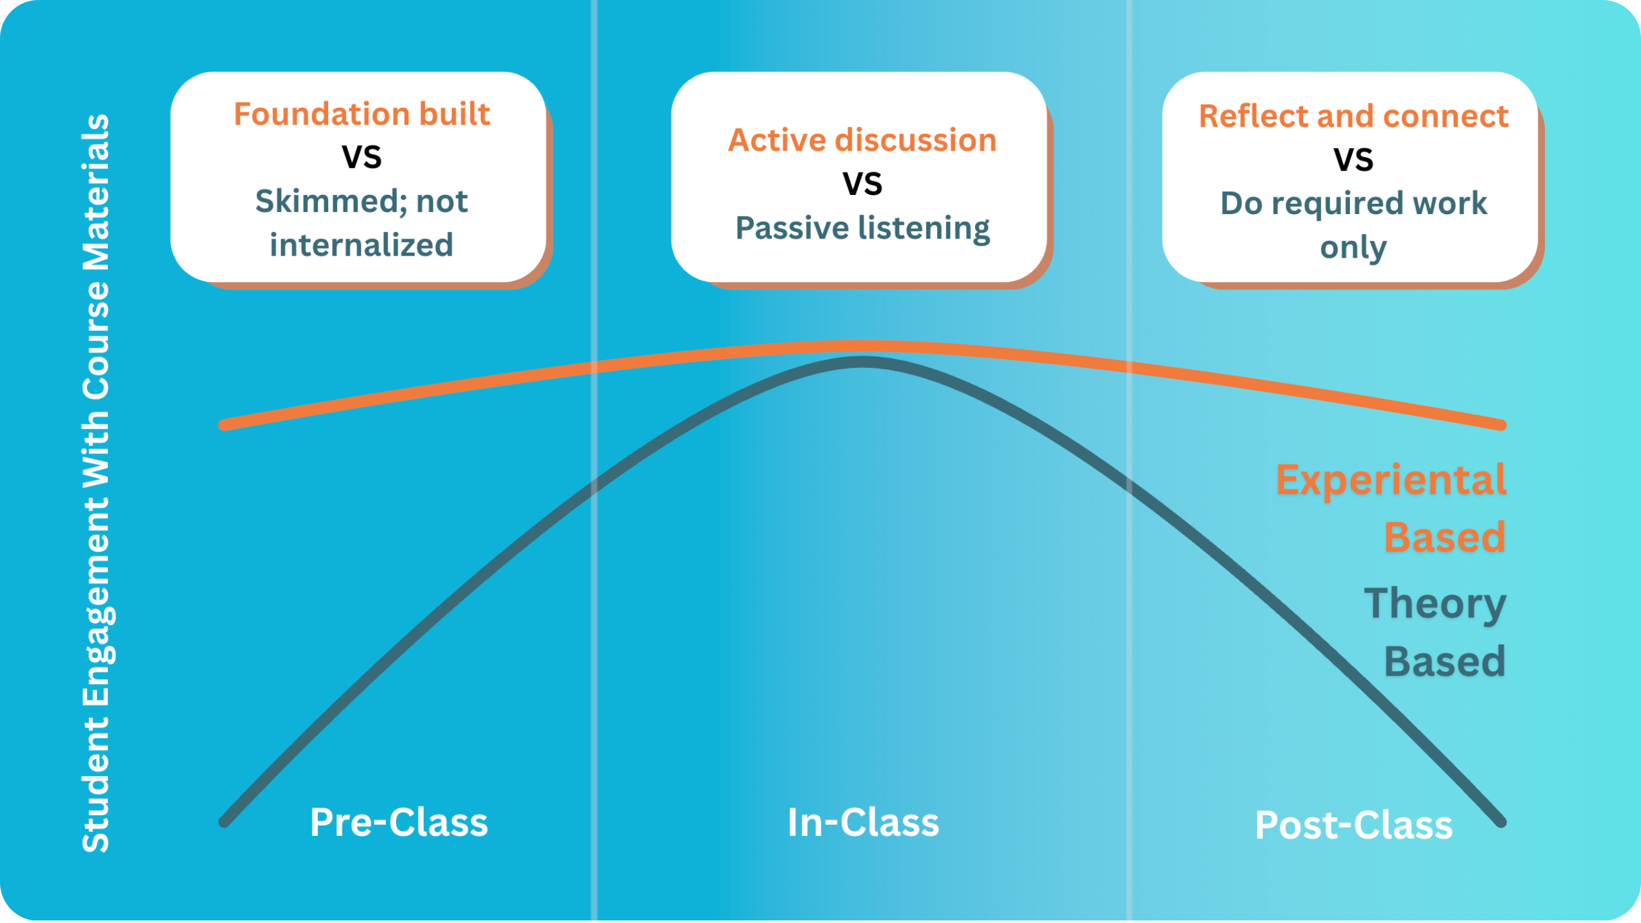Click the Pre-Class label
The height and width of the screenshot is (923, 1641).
click(399, 822)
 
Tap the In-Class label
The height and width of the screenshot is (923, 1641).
click(863, 822)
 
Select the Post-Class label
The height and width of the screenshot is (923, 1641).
click(1353, 825)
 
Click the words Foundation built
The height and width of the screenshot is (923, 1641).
click(362, 114)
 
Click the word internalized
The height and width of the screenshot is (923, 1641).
click(362, 245)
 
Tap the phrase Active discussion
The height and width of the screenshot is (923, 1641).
click(862, 140)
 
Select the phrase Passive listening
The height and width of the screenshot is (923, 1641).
click(862, 228)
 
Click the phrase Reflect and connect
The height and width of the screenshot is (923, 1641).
click(1353, 116)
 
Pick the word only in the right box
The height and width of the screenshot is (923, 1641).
click(1353, 247)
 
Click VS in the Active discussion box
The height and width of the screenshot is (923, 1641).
click(862, 184)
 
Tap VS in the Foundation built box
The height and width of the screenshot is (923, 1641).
click(362, 157)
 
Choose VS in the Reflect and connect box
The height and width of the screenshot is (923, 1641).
click(1353, 160)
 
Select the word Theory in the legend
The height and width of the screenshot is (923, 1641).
click(1435, 604)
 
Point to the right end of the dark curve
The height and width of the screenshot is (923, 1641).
click(1501, 822)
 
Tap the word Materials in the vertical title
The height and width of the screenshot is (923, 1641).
click(96, 192)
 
